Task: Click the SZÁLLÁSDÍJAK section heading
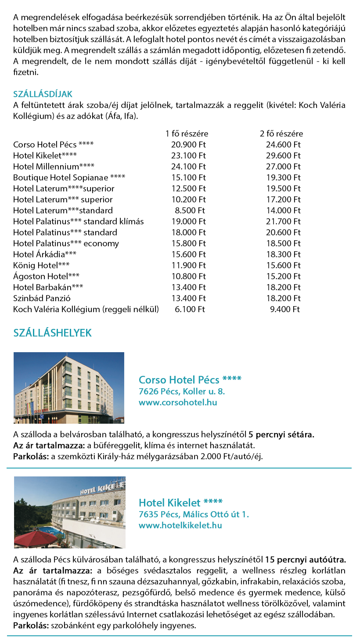coord(43,94)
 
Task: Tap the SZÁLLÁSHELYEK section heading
coord(53,333)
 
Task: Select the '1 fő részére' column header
coord(187,133)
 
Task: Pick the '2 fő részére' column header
coord(281,133)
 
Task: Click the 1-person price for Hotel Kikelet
coord(188,155)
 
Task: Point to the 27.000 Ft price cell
coord(283,166)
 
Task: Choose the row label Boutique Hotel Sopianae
coord(69,177)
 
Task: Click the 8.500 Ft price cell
coord(190,210)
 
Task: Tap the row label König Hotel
coord(41,265)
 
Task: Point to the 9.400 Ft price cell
coord(285,309)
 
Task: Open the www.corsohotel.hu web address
coord(178,402)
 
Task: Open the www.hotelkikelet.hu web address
coord(180,525)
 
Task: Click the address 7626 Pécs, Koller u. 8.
coord(181,391)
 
